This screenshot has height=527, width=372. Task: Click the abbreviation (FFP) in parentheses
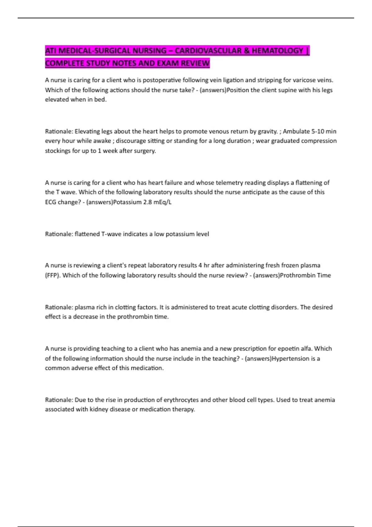point(52,275)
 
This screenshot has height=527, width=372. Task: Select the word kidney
point(98,409)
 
